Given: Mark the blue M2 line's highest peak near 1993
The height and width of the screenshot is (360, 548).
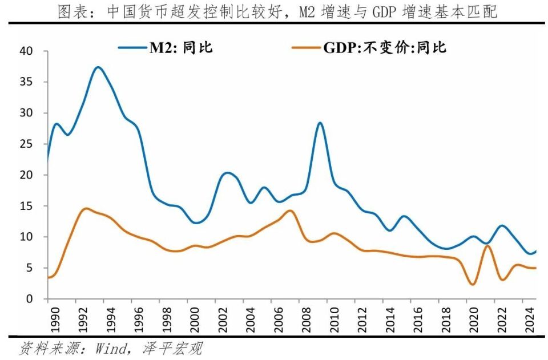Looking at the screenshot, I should [98, 67].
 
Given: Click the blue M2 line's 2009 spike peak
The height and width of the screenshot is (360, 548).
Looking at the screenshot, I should [320, 123].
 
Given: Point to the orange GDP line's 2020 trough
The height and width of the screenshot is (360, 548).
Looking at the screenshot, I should [473, 284].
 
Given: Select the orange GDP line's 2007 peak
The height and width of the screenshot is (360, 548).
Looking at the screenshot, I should [289, 211].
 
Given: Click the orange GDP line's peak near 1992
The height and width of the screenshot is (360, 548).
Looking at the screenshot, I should [86, 208].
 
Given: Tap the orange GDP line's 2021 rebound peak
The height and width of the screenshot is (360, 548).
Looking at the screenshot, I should [487, 246].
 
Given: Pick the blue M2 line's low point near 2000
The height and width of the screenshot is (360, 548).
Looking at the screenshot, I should [196, 223].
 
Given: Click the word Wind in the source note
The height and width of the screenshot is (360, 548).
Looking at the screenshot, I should [112, 347].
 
